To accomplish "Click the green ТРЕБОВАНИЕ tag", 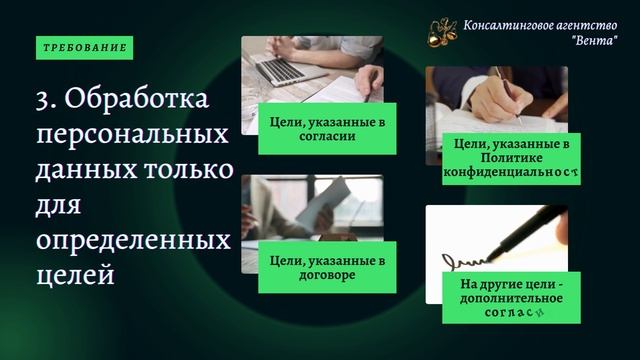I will click(x=85, y=48).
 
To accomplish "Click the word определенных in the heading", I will click(x=132, y=239).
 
